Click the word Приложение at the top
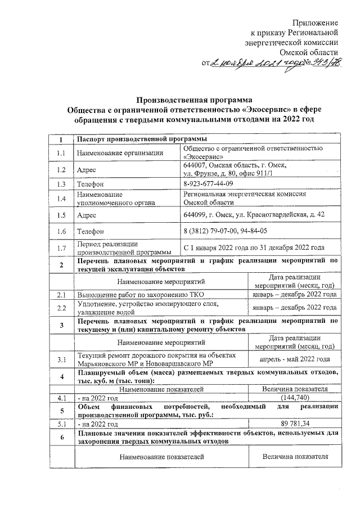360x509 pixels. tap(316, 22)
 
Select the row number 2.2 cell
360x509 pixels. tap(61, 307)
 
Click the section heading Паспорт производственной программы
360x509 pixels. tap(141, 138)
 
